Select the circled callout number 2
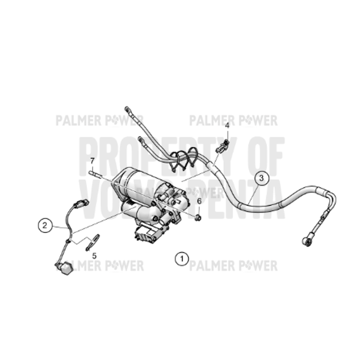tap(45, 226)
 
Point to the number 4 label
tap(227, 126)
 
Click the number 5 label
tap(94, 255)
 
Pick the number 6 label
tap(199, 201)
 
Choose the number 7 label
tap(92, 161)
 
